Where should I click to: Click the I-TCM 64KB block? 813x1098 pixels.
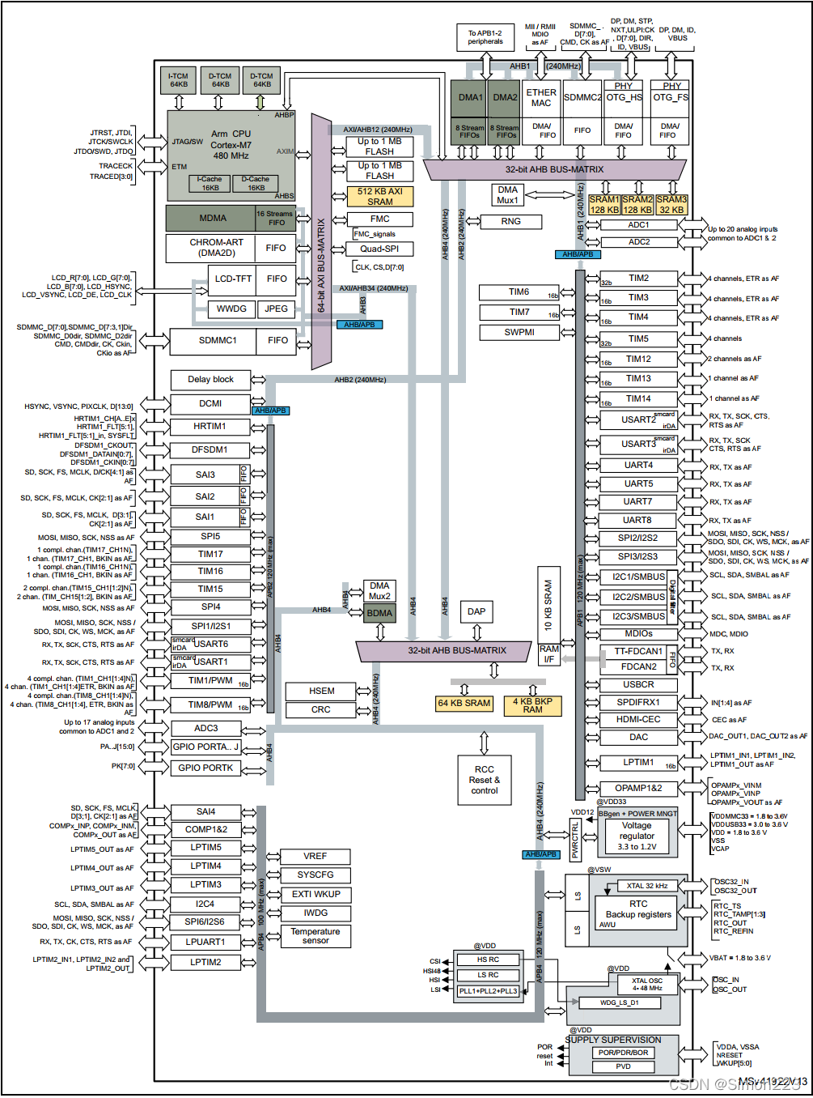click(178, 80)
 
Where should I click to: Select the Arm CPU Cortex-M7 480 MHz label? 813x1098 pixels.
click(231, 145)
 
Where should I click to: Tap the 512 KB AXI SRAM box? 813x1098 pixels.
click(379, 197)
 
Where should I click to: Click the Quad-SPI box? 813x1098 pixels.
click(379, 249)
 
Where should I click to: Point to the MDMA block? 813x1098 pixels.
click(212, 218)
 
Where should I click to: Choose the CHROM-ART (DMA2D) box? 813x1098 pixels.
click(216, 248)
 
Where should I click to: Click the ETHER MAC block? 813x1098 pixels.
click(541, 98)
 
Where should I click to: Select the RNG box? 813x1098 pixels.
click(510, 221)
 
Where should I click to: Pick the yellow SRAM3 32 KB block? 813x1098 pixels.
click(671, 204)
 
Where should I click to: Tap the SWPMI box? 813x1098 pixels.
click(519, 332)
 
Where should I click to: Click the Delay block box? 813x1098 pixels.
click(210, 379)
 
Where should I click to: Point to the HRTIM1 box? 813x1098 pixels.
click(210, 426)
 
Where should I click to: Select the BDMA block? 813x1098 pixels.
click(379, 613)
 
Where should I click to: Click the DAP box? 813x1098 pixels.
click(476, 611)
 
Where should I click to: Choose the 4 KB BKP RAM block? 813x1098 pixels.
click(532, 705)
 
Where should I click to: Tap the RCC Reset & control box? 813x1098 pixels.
click(484, 780)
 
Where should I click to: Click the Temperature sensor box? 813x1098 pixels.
click(315, 936)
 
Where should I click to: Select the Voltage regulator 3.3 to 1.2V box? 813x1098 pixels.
click(637, 836)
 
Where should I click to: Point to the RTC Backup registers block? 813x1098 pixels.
click(637, 909)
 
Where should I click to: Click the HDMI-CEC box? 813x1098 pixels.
click(638, 719)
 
